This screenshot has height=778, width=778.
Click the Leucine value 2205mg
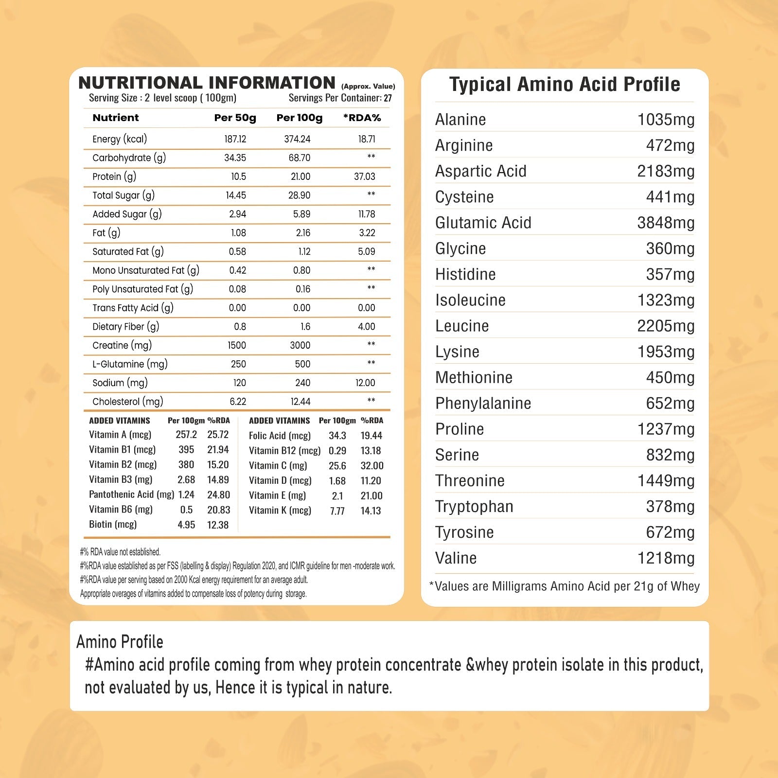[665, 326]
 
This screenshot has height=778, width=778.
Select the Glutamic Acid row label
[483, 223]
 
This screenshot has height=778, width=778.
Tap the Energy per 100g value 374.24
[297, 139]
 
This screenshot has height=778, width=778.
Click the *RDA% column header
[362, 118]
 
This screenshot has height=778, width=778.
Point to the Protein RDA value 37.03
[364, 177]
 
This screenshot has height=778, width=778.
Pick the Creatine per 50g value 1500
[237, 345]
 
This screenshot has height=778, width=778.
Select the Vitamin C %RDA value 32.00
[372, 466]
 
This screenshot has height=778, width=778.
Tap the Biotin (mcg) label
[113, 524]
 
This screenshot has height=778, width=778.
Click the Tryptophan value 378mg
[670, 506]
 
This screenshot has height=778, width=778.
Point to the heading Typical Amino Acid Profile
[565, 84]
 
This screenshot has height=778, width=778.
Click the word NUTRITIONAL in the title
[140, 83]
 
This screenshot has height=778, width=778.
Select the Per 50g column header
[235, 118]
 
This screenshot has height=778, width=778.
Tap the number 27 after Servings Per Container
[388, 98]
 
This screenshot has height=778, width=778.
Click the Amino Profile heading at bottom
[120, 642]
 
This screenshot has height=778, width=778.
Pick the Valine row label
[456, 558]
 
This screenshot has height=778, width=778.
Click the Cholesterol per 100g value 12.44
[300, 402]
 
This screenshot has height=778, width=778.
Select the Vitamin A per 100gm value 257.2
[186, 435]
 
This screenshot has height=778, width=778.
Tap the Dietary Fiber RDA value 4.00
[366, 327]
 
